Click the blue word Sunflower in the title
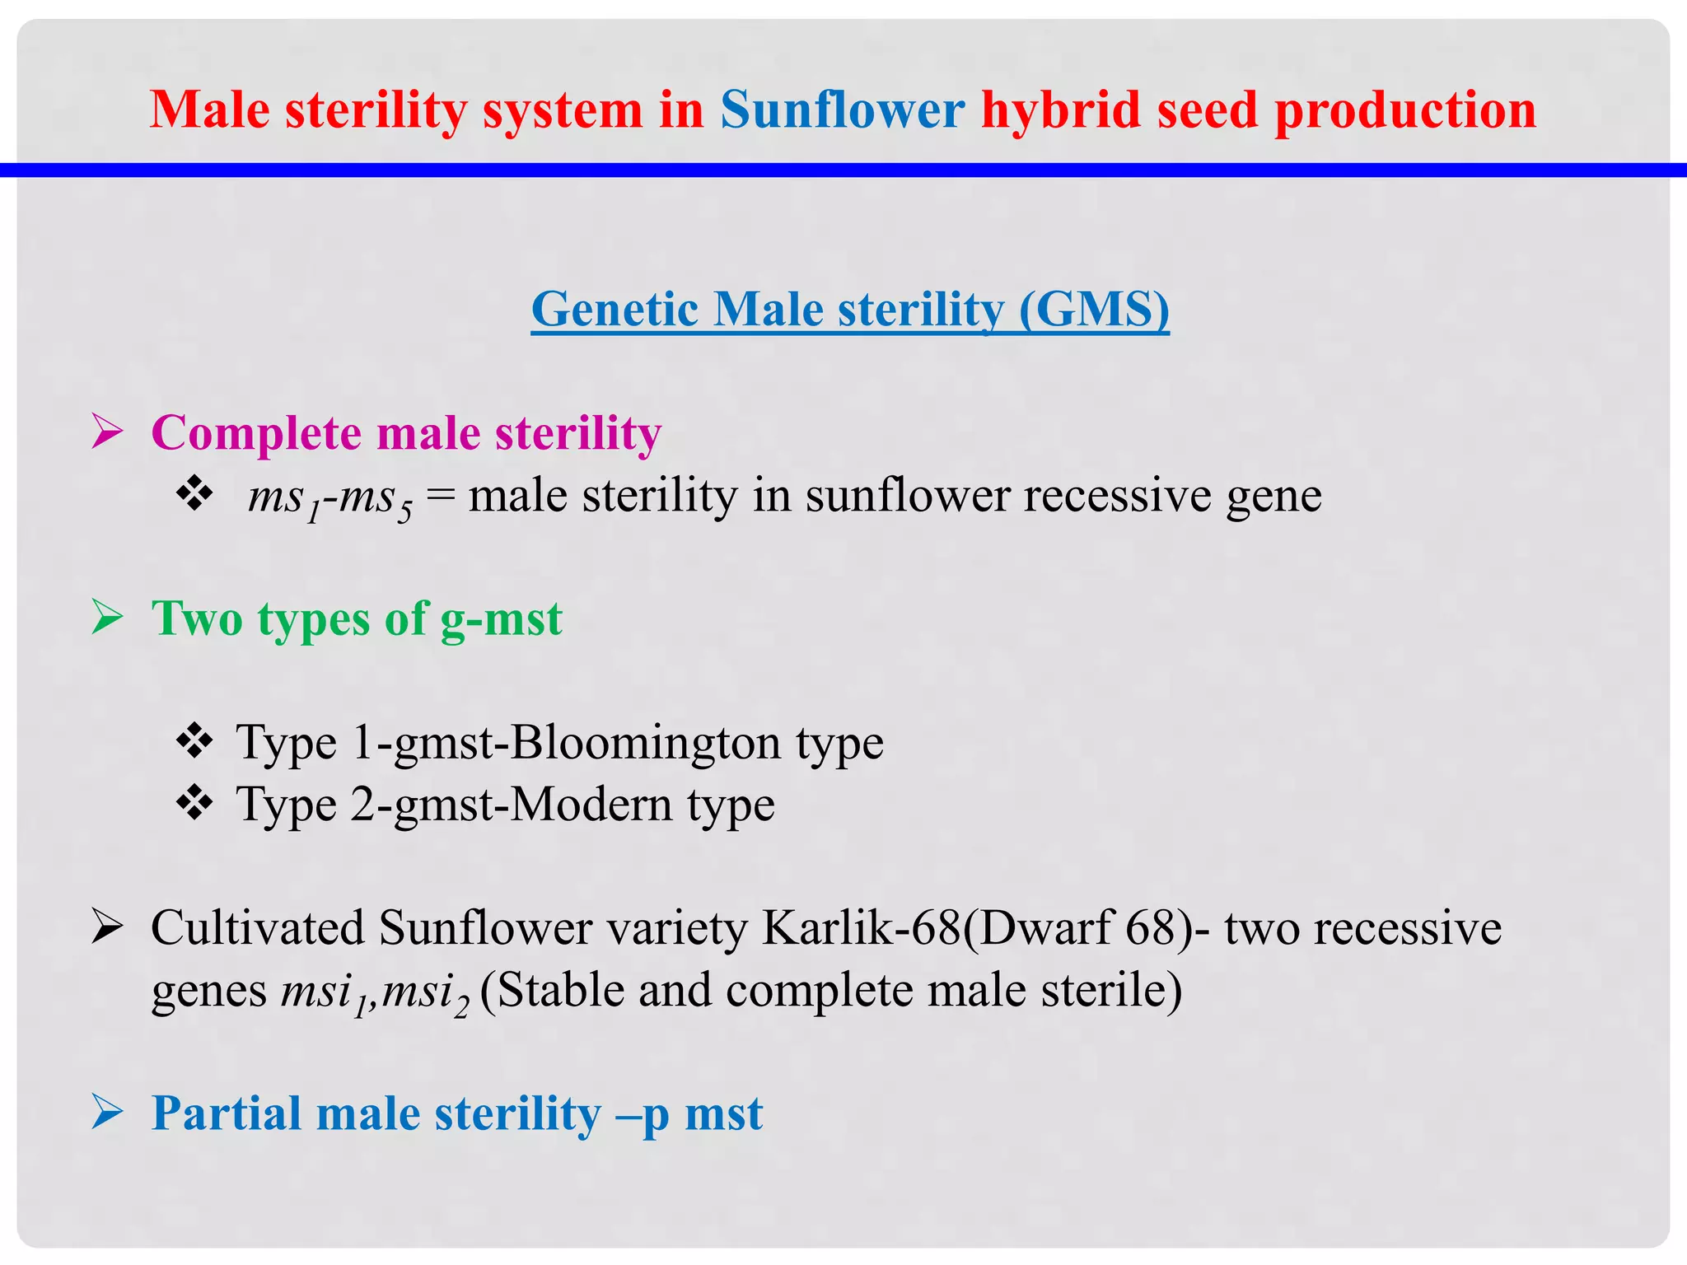pyautogui.click(x=842, y=110)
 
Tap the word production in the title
pyautogui.click(x=1404, y=111)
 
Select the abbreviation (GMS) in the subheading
pyautogui.click(x=1093, y=310)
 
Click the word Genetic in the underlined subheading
pyautogui.click(x=615, y=310)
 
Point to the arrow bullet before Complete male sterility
pyautogui.click(x=107, y=432)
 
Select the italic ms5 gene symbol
pyautogui.click(x=376, y=499)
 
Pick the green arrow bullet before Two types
pyautogui.click(x=107, y=617)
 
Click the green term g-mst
pyautogui.click(x=501, y=619)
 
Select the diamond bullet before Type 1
pyautogui.click(x=194, y=741)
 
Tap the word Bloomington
pyautogui.click(x=645, y=744)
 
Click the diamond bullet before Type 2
pyautogui.click(x=194, y=803)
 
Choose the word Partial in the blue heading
pyautogui.click(x=227, y=1113)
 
